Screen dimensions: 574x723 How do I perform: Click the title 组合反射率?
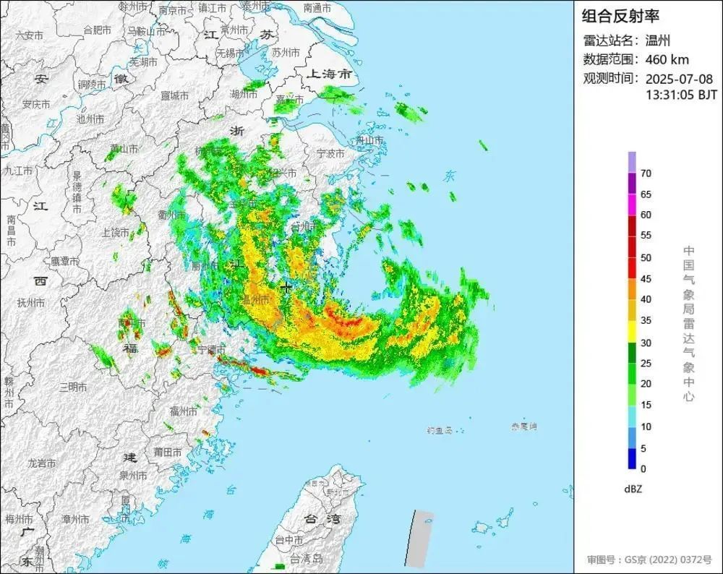pos(621,16)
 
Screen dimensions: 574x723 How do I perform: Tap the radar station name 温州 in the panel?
pos(659,40)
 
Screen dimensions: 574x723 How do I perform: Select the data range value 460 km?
pos(667,60)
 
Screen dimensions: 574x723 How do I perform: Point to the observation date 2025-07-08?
pos(679,79)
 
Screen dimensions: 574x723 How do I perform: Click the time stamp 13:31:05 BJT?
pos(681,94)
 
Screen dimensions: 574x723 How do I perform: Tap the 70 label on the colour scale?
pos(646,174)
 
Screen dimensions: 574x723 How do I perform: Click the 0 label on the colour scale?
pos(643,468)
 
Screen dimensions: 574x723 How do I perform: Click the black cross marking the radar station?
pos(287,287)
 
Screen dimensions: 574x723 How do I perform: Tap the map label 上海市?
pos(329,74)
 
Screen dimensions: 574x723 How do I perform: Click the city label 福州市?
pos(184,411)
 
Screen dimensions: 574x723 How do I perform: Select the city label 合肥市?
pos(98,30)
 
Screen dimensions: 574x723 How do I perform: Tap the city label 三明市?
pos(74,387)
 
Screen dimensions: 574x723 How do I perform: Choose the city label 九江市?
pos(19,171)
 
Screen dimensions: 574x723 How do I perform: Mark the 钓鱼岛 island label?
pos(440,430)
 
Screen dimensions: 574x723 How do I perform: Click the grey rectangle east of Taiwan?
pos(420,539)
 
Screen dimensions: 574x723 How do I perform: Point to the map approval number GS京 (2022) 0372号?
pos(649,560)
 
